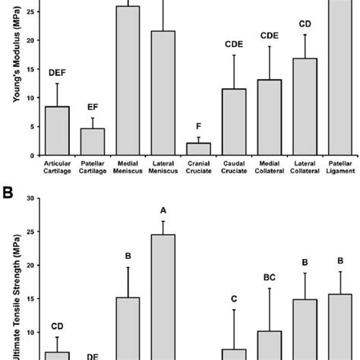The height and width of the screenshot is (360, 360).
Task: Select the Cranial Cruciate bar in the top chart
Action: pyautogui.click(x=198, y=149)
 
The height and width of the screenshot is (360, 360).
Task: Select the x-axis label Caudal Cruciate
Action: pyautogui.click(x=235, y=167)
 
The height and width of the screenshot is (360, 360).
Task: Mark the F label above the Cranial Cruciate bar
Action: pyautogui.click(x=198, y=128)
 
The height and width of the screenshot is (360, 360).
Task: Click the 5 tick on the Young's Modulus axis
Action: pyautogui.click(x=31, y=127)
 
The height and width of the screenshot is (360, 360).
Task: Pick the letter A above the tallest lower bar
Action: pyautogui.click(x=163, y=210)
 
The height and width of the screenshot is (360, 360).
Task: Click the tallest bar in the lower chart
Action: pyautogui.click(x=163, y=296)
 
